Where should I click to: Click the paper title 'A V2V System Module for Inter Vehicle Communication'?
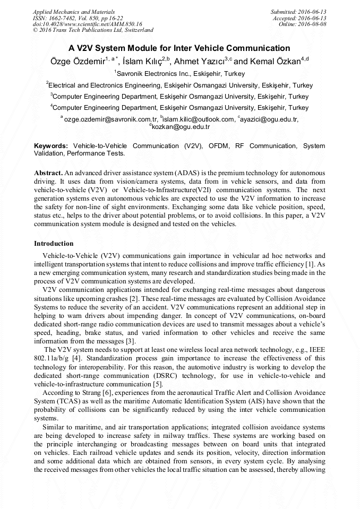pos(179,48)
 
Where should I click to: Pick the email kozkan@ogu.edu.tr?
pos(181,127)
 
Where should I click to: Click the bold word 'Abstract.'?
pos(49,174)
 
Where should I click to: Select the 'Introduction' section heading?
pos(54,244)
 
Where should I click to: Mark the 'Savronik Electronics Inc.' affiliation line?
pos(179,74)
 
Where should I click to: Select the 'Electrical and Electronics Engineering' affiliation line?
pos(179,85)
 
